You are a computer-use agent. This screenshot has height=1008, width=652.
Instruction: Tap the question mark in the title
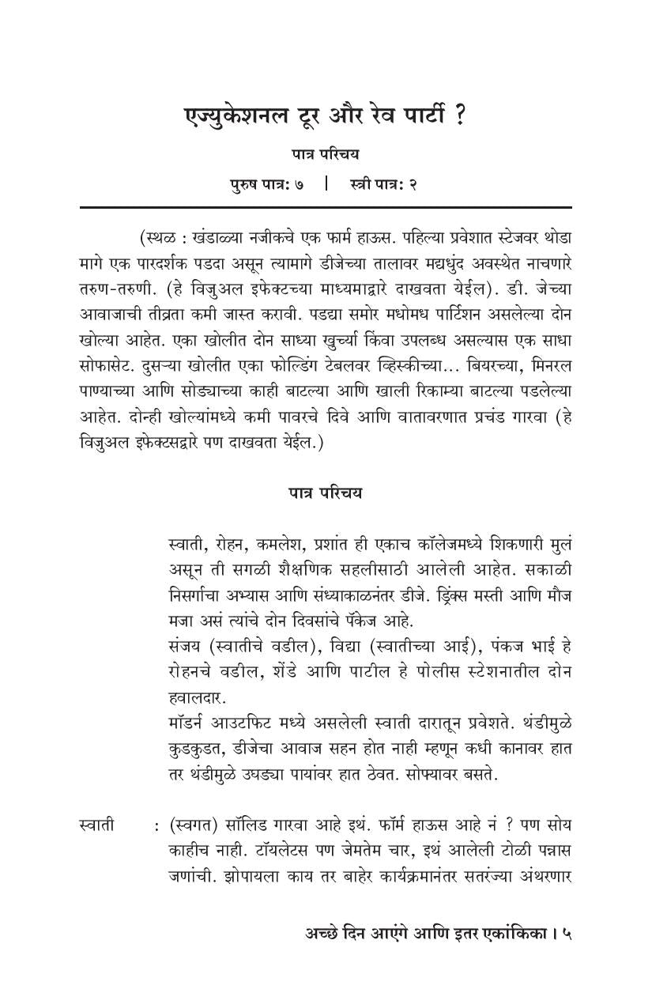coord(459,116)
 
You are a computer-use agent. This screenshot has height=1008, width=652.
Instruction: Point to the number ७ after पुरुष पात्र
coord(300,184)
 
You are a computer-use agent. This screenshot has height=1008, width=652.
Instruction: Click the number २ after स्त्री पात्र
coord(413,184)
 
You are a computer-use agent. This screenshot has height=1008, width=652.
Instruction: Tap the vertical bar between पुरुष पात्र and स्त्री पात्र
coord(326,184)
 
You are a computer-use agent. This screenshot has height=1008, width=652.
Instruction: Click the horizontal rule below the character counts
coord(325,207)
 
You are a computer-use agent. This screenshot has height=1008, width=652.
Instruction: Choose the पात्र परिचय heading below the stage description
coord(325,493)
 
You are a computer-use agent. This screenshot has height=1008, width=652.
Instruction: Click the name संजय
coord(187,646)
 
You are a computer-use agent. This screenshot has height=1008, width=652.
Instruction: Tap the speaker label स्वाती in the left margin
coord(98,825)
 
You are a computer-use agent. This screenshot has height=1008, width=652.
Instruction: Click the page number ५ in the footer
coord(567,934)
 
